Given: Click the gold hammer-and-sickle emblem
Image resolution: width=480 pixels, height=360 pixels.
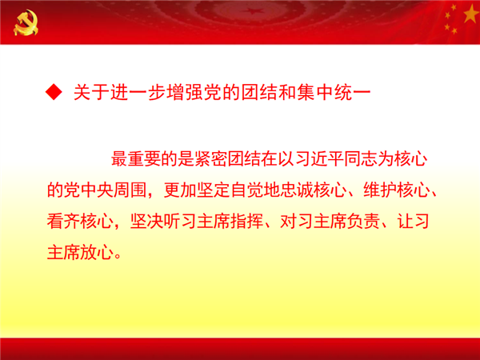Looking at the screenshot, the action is pyautogui.click(x=26, y=22).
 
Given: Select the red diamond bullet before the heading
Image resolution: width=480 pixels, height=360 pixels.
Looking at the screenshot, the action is pyautogui.click(x=54, y=92).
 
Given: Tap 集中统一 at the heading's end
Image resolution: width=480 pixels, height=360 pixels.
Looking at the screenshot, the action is pyautogui.click(x=334, y=92).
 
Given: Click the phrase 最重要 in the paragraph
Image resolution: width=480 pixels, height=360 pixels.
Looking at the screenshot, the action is pyautogui.click(x=136, y=159).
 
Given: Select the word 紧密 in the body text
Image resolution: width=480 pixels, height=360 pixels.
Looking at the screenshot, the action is pyautogui.click(x=210, y=159).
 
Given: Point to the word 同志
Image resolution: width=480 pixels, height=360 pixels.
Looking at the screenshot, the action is pyautogui.click(x=361, y=159).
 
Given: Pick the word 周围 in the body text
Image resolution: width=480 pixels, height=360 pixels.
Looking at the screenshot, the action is pyautogui.click(x=130, y=190).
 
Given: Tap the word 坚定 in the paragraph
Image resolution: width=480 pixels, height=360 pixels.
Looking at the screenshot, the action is pyautogui.click(x=214, y=190).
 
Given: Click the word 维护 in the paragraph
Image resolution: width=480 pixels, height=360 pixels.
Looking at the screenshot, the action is pyautogui.click(x=380, y=190).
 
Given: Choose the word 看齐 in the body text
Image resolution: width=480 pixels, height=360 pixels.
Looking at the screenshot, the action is pyautogui.click(x=63, y=222).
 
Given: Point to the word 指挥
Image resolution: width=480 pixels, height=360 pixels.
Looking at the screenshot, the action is pyautogui.click(x=246, y=222).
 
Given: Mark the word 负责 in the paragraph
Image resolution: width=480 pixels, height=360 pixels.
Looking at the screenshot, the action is pyautogui.click(x=363, y=222).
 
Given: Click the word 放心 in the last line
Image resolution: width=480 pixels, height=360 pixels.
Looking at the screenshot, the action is pyautogui.click(x=97, y=253).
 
